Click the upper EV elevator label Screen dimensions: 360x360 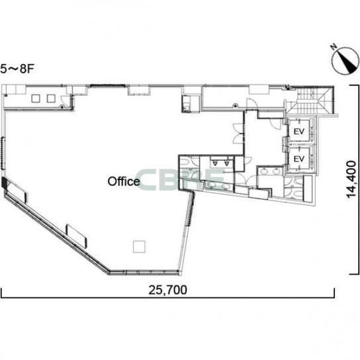coord(299,132)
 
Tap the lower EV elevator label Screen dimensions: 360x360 coord(299,159)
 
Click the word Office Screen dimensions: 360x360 coord(124,181)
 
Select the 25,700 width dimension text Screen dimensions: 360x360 coord(167,290)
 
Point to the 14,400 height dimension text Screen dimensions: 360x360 coord(351,179)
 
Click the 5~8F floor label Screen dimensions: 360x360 coord(17,69)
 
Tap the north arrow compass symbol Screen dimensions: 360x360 coord(345,61)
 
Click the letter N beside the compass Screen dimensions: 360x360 coord(334,47)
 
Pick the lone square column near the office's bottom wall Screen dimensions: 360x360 coord(139,247)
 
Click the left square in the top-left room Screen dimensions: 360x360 coord(36,99)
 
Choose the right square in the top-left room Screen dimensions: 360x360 coord(51,99)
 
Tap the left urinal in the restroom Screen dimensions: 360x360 coord(215,163)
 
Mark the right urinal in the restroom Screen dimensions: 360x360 coord(227,163)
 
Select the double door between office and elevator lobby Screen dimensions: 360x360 coord(238,134)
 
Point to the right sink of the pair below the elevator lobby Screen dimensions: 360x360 coord(276,171)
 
